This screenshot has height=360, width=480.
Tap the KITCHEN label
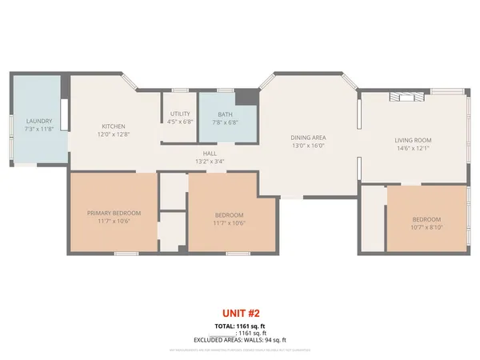(x=114, y=126)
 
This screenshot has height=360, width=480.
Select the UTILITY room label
(x=180, y=115)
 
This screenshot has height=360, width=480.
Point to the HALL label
(x=210, y=153)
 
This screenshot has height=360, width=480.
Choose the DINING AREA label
(x=308, y=138)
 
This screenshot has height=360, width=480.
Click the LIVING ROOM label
(x=412, y=140)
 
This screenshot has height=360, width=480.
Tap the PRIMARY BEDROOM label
(x=114, y=213)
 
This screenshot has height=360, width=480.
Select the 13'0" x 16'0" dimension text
(x=308, y=146)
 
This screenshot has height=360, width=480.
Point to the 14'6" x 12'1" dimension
(x=412, y=148)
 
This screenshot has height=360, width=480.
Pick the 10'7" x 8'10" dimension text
(x=426, y=226)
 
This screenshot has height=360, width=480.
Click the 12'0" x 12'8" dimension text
(x=114, y=134)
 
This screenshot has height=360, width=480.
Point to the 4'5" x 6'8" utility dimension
(x=180, y=122)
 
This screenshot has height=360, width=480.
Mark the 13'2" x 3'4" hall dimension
(x=210, y=161)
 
